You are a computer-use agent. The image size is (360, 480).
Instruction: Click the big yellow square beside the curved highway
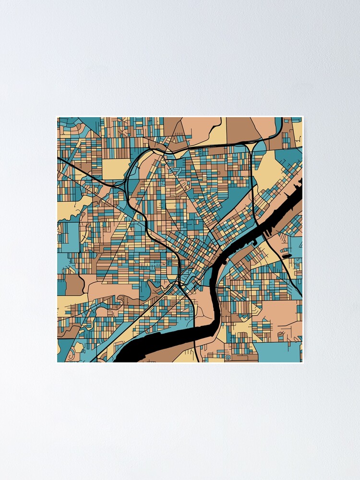pyautogui.click(x=115, y=168)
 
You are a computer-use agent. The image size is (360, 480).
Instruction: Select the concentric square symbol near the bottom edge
pyautogui.click(x=228, y=357)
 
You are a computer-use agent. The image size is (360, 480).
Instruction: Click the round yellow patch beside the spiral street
pyautogui.click(x=78, y=347)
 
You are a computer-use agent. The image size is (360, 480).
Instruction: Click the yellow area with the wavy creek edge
pyautogui.click(x=67, y=209)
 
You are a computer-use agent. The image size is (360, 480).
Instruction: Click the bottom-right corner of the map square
pyautogui.click(x=302, y=362)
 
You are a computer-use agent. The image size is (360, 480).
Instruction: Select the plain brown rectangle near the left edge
pyautogui.click(x=74, y=285)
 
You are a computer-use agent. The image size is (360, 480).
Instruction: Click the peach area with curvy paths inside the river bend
pyautogui.click(x=204, y=307)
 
